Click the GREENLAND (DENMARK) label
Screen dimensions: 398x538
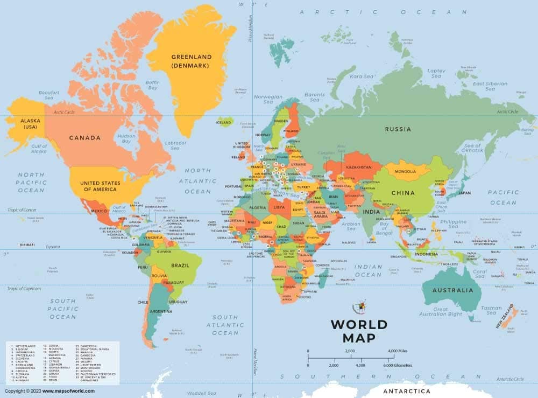tap(191, 61)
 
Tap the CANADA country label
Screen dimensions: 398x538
tap(84, 138)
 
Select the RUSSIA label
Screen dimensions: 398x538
tap(398, 129)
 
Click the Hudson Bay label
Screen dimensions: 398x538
tap(126, 139)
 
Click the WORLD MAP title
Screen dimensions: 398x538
tap(358, 331)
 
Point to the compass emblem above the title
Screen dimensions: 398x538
tap(359, 307)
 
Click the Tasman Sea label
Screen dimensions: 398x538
tap(491, 311)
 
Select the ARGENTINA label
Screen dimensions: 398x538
tap(161, 311)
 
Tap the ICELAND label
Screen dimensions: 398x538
tap(223, 122)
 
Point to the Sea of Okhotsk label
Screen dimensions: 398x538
tap(472, 149)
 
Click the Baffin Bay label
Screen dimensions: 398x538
tap(153, 85)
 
